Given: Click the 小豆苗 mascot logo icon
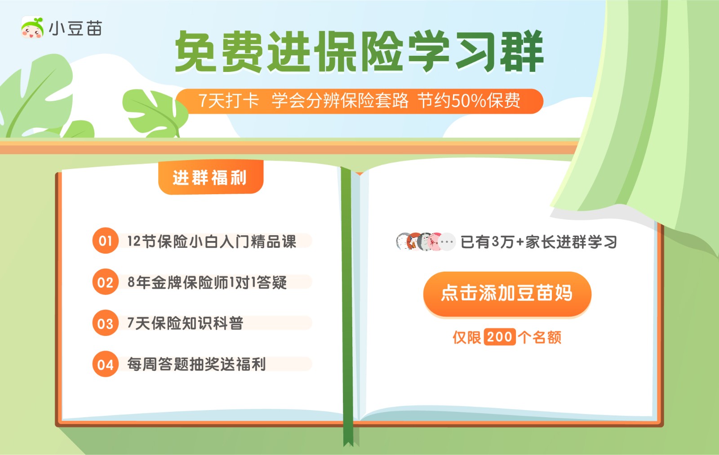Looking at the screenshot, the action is (x=32, y=27).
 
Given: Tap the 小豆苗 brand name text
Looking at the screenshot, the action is (x=76, y=28).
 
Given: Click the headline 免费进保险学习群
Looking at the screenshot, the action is (x=359, y=51).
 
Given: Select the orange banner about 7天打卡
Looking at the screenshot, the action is (x=359, y=101).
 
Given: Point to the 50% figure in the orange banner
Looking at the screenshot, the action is (x=469, y=101).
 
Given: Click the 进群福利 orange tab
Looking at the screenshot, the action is (x=211, y=177).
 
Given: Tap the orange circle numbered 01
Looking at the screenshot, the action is (x=105, y=241).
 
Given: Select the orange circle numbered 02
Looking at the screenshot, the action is (x=105, y=282).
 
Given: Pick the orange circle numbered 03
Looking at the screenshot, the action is (x=105, y=323).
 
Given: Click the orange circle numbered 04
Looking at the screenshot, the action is (x=105, y=364).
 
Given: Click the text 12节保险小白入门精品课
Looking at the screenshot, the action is (x=212, y=241).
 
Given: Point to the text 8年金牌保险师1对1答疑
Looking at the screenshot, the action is (x=207, y=282).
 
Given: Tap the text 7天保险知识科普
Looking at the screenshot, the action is (x=185, y=323).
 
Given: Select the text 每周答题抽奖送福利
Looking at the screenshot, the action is (x=196, y=365).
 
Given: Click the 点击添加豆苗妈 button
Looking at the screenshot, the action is (x=507, y=294).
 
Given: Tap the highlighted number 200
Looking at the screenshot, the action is (x=499, y=337).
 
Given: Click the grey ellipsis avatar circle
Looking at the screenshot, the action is (x=447, y=242).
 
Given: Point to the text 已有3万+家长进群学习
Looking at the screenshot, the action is (x=539, y=242).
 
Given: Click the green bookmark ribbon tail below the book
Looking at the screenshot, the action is (x=348, y=435).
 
